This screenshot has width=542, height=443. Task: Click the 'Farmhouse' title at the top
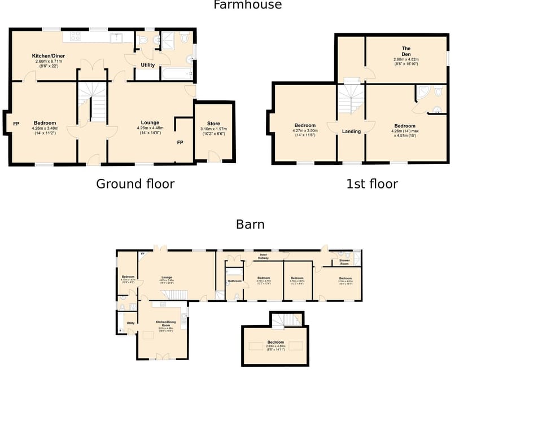pyautogui.click(x=247, y=5)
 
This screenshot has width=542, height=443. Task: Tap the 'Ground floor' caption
pyautogui.click(x=135, y=184)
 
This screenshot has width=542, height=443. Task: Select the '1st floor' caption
pyautogui.click(x=371, y=184)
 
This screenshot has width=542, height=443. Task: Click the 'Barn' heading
pyautogui.click(x=250, y=225)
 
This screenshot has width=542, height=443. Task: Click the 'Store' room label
pyautogui.click(x=213, y=124)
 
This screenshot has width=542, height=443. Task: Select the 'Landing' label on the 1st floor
pyautogui.click(x=351, y=131)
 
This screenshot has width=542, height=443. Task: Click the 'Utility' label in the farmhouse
pyautogui.click(x=147, y=65)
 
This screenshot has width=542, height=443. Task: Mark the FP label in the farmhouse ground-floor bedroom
pyautogui.click(x=16, y=124)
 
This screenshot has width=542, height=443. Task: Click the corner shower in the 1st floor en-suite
pyautogui.click(x=422, y=93)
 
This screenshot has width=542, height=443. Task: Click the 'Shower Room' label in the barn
pyautogui.click(x=344, y=262)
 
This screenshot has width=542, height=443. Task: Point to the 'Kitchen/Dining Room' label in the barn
pyautogui.click(x=165, y=323)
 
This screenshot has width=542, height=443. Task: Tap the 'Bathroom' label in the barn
pyautogui.click(x=234, y=280)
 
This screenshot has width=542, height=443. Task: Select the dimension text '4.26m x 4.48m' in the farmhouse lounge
pyautogui.click(x=150, y=128)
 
